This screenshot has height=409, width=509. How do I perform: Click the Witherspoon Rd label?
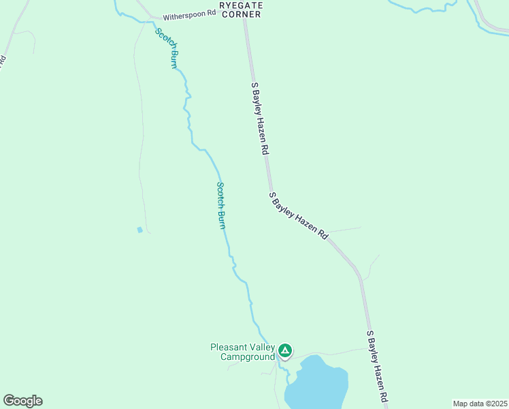188,14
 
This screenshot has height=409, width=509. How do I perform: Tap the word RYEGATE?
240,5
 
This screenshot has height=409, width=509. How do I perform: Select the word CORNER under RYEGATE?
240,14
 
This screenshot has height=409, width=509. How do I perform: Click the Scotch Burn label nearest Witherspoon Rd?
167,48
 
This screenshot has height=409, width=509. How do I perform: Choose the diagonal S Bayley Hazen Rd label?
299,215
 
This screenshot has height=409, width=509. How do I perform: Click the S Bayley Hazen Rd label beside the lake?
378,367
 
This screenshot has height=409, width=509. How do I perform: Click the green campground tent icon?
285,351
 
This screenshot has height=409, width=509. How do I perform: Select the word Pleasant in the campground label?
228,347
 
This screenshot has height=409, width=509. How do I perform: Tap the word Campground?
248,357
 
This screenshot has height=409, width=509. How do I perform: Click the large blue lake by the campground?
316,383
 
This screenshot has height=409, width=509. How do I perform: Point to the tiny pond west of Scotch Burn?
139,230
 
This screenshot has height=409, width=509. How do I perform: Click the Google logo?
22,401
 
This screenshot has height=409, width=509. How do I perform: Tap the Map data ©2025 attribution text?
480,404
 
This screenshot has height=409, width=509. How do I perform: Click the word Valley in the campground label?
261,347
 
